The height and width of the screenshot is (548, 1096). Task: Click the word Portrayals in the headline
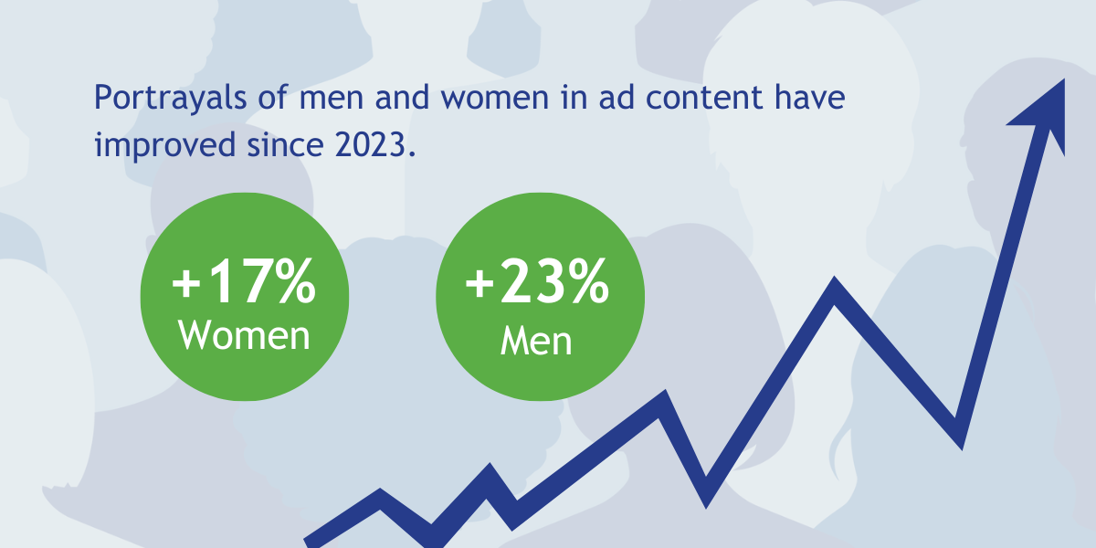170,98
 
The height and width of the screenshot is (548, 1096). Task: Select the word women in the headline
495,98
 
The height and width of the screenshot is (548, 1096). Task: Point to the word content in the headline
704,97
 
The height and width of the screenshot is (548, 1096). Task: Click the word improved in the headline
165,146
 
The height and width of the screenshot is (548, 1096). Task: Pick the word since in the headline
285,145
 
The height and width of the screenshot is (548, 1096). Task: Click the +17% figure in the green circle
244,281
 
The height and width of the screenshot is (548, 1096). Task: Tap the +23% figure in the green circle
537,281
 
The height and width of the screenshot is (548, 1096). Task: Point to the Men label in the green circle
536,341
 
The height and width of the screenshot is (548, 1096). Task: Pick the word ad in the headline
616,96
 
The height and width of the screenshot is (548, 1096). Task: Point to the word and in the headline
402,96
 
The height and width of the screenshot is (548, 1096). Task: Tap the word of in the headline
273,96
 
